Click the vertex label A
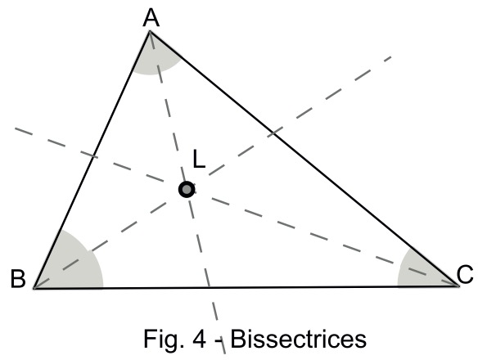[151, 18]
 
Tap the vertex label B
[18, 278]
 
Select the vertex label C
[465, 274]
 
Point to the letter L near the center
[199, 159]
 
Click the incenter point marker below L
[187, 189]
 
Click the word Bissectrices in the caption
[298, 339]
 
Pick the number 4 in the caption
[200, 340]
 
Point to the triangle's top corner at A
[150, 31]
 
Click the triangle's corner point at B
[34, 288]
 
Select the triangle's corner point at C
[458, 286]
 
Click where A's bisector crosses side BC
[210, 287]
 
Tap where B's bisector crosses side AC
[273, 133]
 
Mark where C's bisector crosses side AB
[93, 156]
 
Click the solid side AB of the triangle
[92, 160]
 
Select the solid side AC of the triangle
[304, 158]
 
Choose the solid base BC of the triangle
[246, 287]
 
